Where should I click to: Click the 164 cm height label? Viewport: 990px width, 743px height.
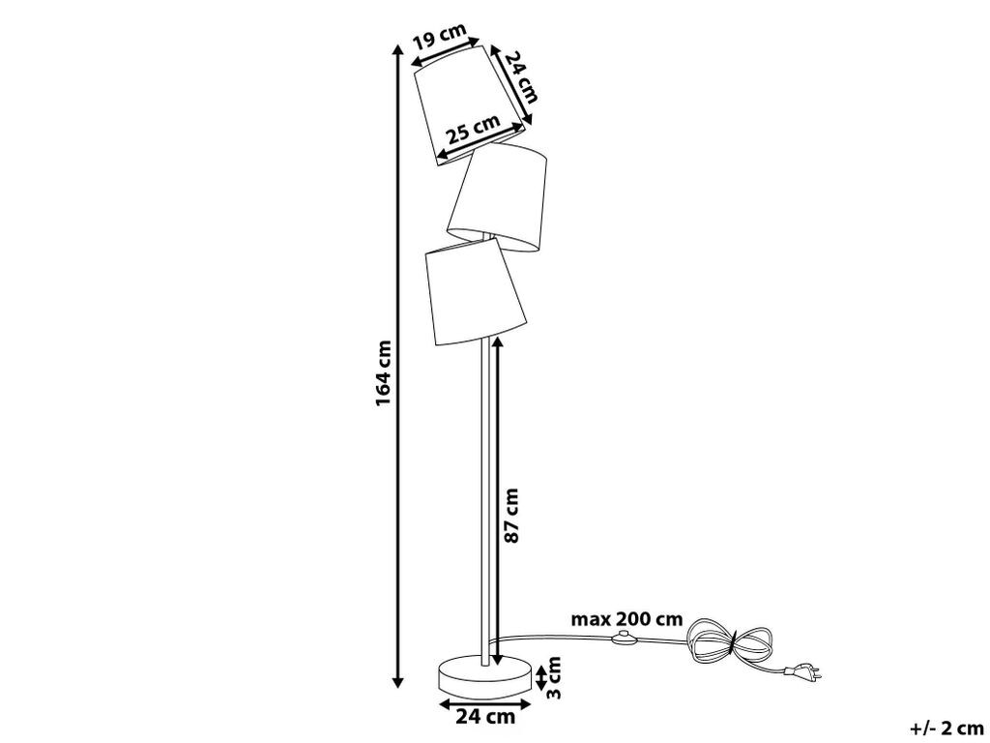pyautogui.click(x=384, y=373)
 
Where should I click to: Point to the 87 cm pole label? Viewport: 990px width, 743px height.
pyautogui.click(x=511, y=515)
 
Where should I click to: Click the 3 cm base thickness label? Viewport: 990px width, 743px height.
pyautogui.click(x=553, y=677)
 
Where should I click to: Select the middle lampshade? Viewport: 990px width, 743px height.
pyautogui.click(x=498, y=197)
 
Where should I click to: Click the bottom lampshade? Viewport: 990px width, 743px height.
pyautogui.click(x=476, y=291)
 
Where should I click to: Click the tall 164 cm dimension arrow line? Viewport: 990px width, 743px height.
pyautogui.click(x=397, y=367)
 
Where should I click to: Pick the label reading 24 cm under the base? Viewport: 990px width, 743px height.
pyautogui.click(x=485, y=717)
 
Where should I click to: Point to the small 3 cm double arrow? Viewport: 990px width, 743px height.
pyautogui.click(x=540, y=678)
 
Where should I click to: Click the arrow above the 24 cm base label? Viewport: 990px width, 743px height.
pyautogui.click(x=485, y=702)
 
